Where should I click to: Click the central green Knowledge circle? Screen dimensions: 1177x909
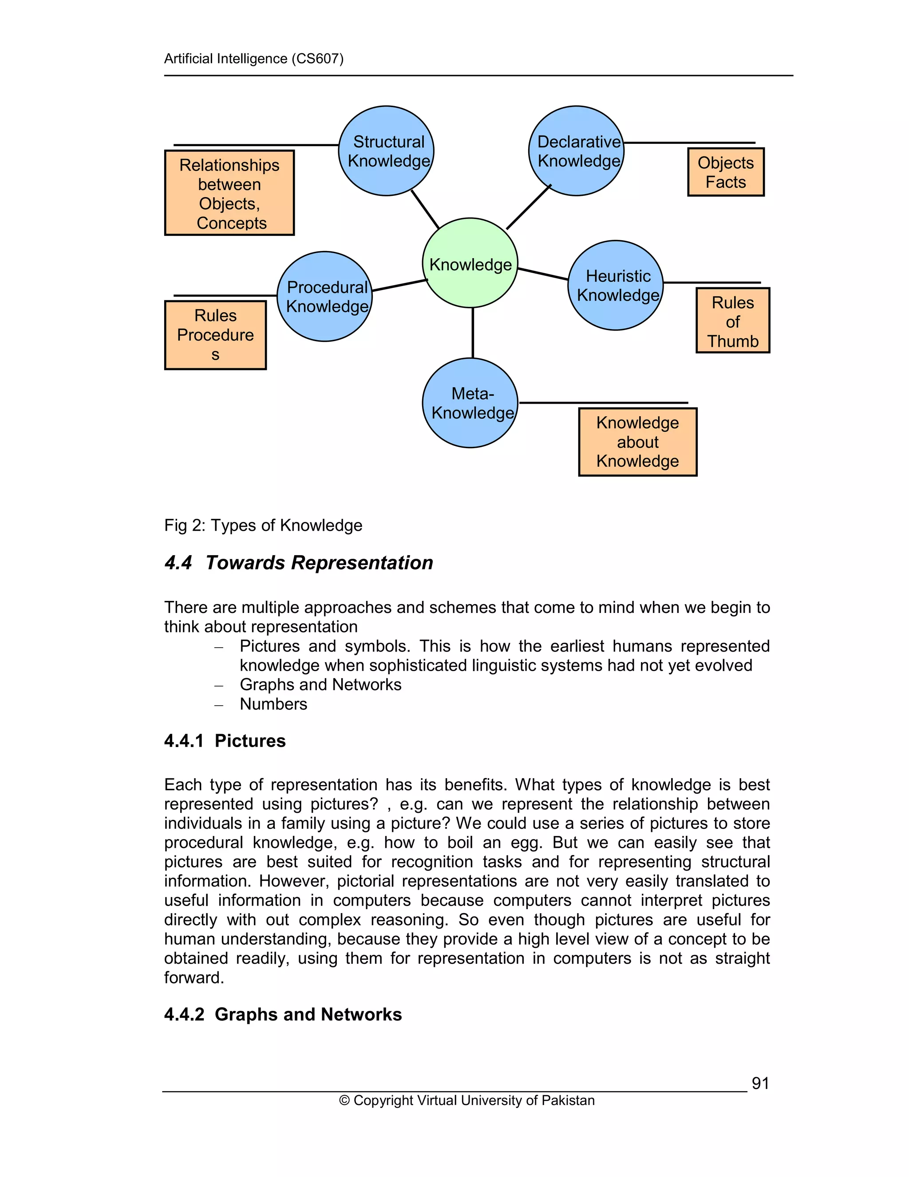(x=470, y=263)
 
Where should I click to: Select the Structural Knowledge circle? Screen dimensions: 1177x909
(x=386, y=151)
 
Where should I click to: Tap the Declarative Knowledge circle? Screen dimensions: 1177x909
(x=576, y=151)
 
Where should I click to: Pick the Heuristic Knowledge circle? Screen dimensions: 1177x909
(x=616, y=285)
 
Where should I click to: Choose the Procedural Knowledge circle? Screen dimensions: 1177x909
(x=325, y=296)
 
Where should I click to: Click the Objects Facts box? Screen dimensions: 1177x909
(x=725, y=172)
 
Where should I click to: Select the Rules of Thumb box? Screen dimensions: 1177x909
(x=732, y=321)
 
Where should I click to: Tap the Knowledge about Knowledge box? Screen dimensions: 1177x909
(x=638, y=442)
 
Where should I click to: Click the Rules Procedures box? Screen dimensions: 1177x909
(x=215, y=335)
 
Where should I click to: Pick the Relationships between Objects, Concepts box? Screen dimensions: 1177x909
(x=229, y=193)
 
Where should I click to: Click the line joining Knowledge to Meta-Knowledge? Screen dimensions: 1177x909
(x=473, y=333)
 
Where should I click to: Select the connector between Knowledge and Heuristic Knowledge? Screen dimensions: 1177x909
(x=543, y=274)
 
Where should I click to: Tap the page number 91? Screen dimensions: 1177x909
(x=760, y=1083)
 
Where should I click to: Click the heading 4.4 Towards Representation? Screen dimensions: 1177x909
(x=299, y=563)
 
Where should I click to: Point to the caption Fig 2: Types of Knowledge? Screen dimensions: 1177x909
(x=263, y=525)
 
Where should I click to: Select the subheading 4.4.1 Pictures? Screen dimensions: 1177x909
(x=225, y=740)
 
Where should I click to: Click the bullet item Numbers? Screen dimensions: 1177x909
(x=273, y=704)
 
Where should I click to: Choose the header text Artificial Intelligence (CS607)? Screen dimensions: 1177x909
(x=253, y=58)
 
